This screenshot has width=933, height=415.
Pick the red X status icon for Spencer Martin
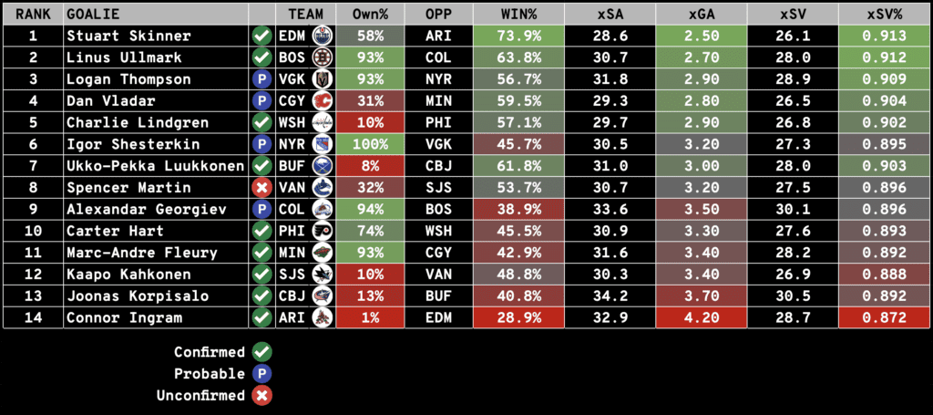point(262,187)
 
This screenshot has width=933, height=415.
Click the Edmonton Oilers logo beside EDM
point(323,36)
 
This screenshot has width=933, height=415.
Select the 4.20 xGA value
point(702,317)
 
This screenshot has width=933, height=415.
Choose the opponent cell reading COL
point(439,57)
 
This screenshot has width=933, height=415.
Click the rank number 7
point(33,165)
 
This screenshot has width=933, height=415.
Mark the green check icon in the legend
point(262,352)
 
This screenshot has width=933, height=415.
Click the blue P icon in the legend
point(262,374)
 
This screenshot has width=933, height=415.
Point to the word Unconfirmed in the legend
point(209,396)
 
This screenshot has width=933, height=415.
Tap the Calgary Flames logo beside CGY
point(323,100)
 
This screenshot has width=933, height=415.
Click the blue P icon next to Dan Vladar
point(262,100)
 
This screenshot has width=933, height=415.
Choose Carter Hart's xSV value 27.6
point(793,231)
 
